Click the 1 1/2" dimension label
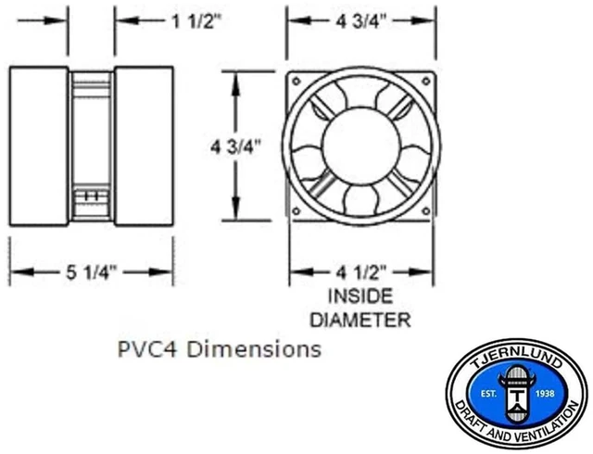pyautogui.click(x=196, y=21)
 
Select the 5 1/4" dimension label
pyautogui.click(x=91, y=272)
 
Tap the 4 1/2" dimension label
pyautogui.click(x=360, y=272)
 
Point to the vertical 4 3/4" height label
pyautogui.click(x=235, y=146)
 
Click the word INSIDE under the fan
pyautogui.click(x=360, y=296)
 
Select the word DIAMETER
pyautogui.click(x=360, y=320)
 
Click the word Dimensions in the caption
pyautogui.click(x=254, y=349)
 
